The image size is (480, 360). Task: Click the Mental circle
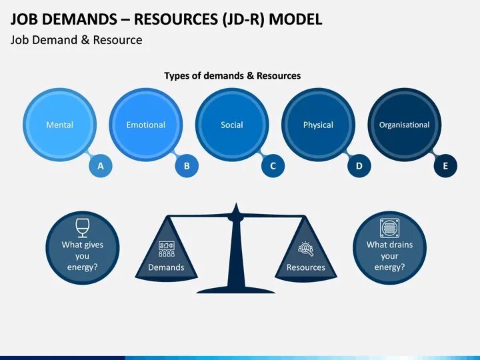tap(59, 125)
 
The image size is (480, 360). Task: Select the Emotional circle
tap(145, 125)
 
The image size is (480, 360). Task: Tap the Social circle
tap(232, 125)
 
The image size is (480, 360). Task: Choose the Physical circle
tap(318, 125)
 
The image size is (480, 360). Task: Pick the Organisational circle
tap(404, 125)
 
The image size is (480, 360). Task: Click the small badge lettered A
tap(101, 166)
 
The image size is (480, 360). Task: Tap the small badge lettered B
tap(187, 166)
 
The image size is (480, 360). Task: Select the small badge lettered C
tap(273, 166)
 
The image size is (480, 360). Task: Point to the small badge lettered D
tap(359, 166)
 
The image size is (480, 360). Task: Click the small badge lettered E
tap(445, 166)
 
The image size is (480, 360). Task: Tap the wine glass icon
tap(83, 227)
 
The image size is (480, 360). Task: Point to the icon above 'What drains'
tap(389, 227)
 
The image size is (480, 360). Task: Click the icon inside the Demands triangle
tap(166, 249)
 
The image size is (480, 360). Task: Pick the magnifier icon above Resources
tap(306, 249)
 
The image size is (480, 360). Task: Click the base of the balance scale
tap(235, 289)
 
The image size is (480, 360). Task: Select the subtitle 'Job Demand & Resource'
tap(76, 40)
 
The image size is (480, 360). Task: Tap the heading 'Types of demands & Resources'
tap(232, 76)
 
